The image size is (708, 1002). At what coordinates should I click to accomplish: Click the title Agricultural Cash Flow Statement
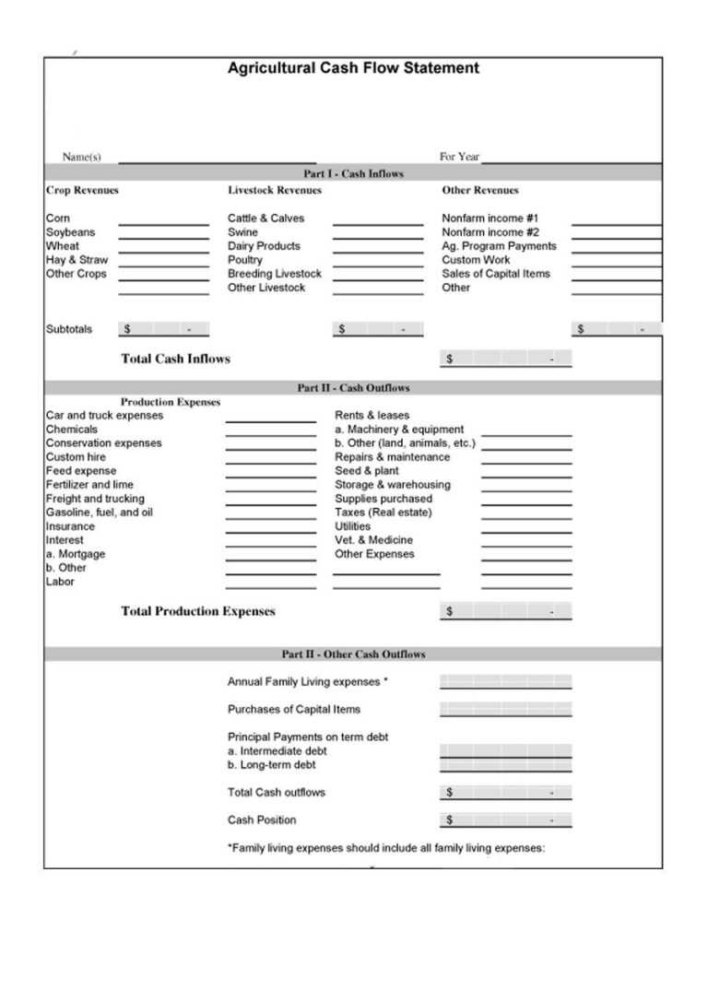tap(353, 68)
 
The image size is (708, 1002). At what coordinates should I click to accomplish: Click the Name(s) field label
tap(81, 157)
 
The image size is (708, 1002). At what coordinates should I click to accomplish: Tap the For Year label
tap(459, 157)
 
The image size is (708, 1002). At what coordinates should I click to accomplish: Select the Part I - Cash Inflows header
tap(353, 173)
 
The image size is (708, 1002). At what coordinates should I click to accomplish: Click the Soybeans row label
tap(70, 232)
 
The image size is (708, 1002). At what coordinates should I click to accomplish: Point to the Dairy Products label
tap(264, 246)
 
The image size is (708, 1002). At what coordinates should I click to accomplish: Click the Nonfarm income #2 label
tap(490, 232)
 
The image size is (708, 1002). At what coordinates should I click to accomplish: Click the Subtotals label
tap(69, 329)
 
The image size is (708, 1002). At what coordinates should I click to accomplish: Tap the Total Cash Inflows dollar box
tap(505, 359)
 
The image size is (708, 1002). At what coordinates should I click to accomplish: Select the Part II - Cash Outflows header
tap(353, 388)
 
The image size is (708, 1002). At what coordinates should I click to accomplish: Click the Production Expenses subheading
tap(171, 402)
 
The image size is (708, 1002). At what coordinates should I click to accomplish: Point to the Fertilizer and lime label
tap(89, 485)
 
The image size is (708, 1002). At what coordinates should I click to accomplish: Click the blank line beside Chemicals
tap(270, 430)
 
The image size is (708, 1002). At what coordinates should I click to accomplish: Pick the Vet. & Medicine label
tap(373, 540)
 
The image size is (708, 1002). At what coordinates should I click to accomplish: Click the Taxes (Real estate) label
tap(383, 513)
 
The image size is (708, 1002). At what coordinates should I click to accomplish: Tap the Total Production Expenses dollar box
tap(505, 611)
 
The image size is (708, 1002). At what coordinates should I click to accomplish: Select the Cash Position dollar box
tap(505, 819)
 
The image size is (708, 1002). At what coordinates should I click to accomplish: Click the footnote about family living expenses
tap(385, 848)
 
